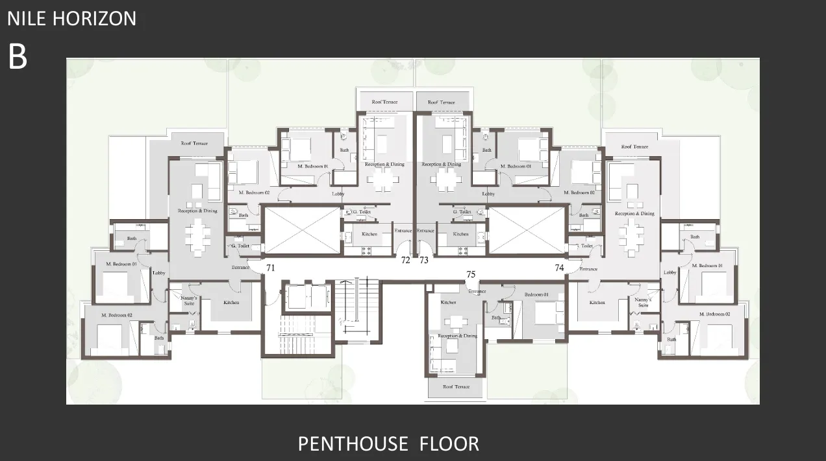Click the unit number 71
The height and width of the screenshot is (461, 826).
pos(270,267)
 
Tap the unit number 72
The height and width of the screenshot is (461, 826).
pos(405,260)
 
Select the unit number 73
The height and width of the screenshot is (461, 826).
pos(424,260)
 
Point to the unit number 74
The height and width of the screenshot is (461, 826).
pos(560,267)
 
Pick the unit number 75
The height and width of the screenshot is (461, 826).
pos(471,274)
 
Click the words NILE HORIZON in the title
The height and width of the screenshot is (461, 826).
pos(72,18)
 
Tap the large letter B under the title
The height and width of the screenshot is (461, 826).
pos(18,57)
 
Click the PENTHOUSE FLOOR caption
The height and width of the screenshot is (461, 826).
pos(388,444)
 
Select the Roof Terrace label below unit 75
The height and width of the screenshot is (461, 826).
pos(456,387)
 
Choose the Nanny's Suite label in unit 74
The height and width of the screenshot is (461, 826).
pos(643,302)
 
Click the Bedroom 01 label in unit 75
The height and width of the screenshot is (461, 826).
pos(536,295)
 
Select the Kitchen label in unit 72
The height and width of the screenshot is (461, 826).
pos(369,234)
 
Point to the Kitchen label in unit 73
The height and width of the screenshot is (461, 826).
pos(460,234)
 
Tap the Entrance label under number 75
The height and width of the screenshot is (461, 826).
pos(477,291)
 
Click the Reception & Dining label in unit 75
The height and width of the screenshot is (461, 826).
pos(458,336)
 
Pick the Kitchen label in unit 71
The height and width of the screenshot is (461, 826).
pos(231,303)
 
